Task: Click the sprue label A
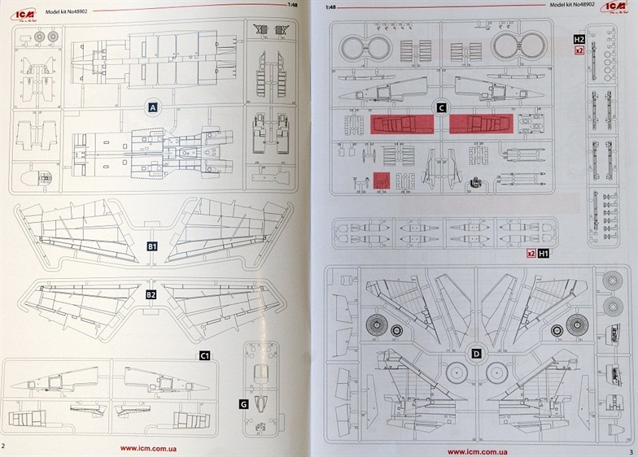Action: [x=151, y=107]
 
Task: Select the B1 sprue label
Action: [x=151, y=245]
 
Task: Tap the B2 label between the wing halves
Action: [x=151, y=294]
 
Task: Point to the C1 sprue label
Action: [x=205, y=356]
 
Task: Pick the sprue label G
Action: [x=243, y=404]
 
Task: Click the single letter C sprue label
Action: [x=441, y=107]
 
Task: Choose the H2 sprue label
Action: [x=579, y=39]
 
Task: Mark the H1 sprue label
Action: [x=544, y=254]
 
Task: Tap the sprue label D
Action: [x=475, y=354]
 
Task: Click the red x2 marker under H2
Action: [x=579, y=50]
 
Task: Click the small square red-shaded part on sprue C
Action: [x=381, y=180]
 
